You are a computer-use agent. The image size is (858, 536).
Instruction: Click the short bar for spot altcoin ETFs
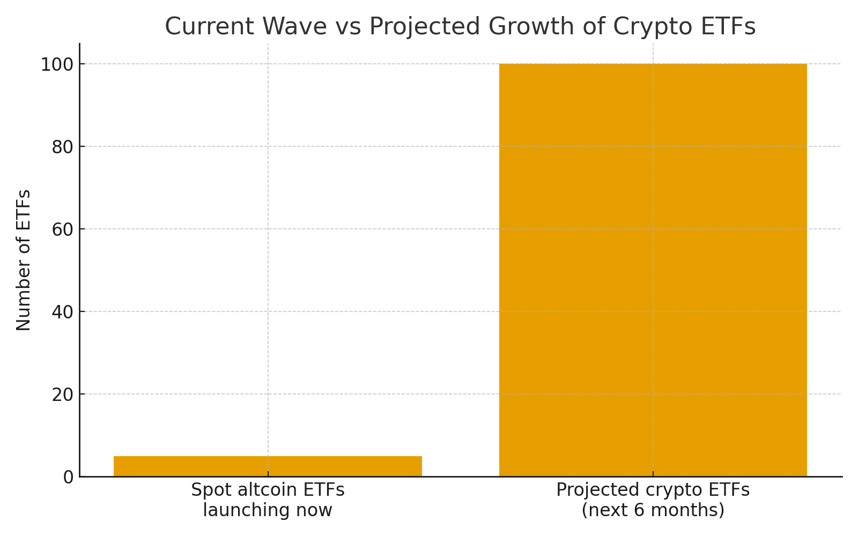pyautogui.click(x=268, y=466)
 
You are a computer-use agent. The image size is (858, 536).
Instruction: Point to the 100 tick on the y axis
pyautogui.click(x=57, y=65)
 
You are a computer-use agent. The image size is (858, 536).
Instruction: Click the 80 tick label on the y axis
pyautogui.click(x=62, y=147)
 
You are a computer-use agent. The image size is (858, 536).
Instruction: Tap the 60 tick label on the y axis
pyautogui.click(x=62, y=230)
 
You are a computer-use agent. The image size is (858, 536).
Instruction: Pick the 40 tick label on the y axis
pyautogui.click(x=62, y=312)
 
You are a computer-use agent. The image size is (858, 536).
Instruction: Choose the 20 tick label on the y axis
pyautogui.click(x=62, y=395)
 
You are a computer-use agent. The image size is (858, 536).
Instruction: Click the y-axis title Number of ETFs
pyautogui.click(x=24, y=260)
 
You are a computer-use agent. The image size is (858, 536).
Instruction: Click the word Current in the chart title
pyautogui.click(x=205, y=27)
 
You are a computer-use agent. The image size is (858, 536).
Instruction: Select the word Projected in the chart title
pyautogui.click(x=420, y=27)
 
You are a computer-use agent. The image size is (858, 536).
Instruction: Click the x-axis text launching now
pyautogui.click(x=268, y=510)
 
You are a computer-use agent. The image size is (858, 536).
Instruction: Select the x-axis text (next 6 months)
pyautogui.click(x=653, y=510)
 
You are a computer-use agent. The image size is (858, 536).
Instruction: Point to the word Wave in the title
pyautogui.click(x=290, y=27)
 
